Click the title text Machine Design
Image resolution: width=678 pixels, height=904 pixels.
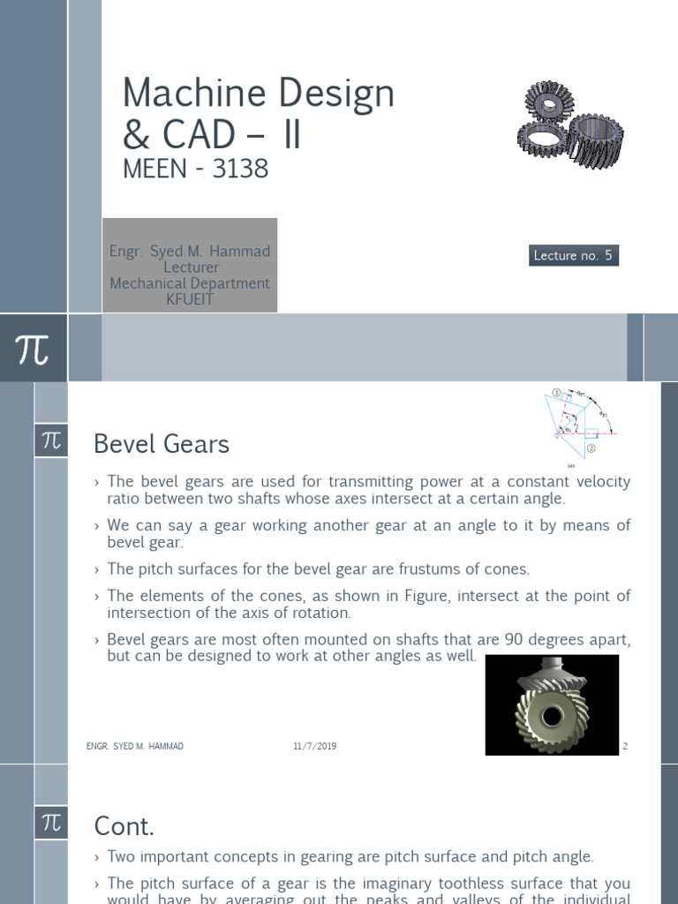[x=258, y=94]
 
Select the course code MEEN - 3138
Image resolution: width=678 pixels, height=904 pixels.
[x=195, y=168]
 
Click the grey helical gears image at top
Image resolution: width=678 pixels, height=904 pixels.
[x=569, y=128]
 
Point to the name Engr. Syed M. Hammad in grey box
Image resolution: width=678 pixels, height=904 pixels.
[x=190, y=252]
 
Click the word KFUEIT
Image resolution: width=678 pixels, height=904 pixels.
[x=190, y=299]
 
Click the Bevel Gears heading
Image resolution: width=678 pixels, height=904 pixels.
[x=162, y=444]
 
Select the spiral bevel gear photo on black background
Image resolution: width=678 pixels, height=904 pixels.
[x=552, y=704]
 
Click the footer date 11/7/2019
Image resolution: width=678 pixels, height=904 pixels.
[x=315, y=746]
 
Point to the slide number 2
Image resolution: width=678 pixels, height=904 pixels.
[x=625, y=746]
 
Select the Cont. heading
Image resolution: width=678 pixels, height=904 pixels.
[x=124, y=826]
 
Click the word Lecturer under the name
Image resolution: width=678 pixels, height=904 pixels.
[x=190, y=267]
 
